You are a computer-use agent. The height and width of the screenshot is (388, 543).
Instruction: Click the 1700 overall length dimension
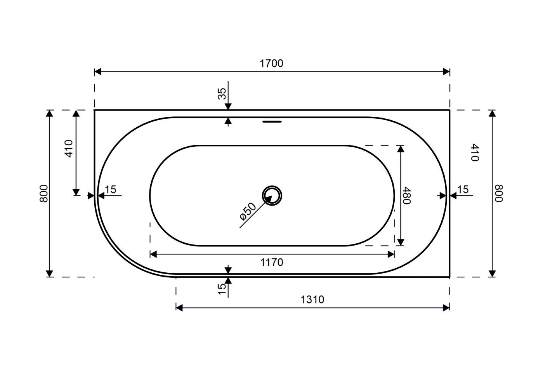(271, 64)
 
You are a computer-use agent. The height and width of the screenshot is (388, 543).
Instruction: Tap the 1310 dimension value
(312, 300)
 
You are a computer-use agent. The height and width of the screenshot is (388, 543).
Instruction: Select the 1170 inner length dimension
(272, 262)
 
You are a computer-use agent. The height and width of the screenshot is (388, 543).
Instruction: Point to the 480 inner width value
(406, 195)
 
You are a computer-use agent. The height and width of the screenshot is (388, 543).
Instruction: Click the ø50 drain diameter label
(248, 211)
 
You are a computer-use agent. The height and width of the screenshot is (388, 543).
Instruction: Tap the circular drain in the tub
(272, 196)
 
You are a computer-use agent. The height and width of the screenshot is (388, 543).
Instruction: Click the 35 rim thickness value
(222, 94)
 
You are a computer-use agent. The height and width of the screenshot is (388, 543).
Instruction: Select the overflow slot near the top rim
(272, 122)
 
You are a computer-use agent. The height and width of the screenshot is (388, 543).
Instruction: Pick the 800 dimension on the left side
(44, 193)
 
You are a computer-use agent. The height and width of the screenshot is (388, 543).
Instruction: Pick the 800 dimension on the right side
(499, 193)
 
